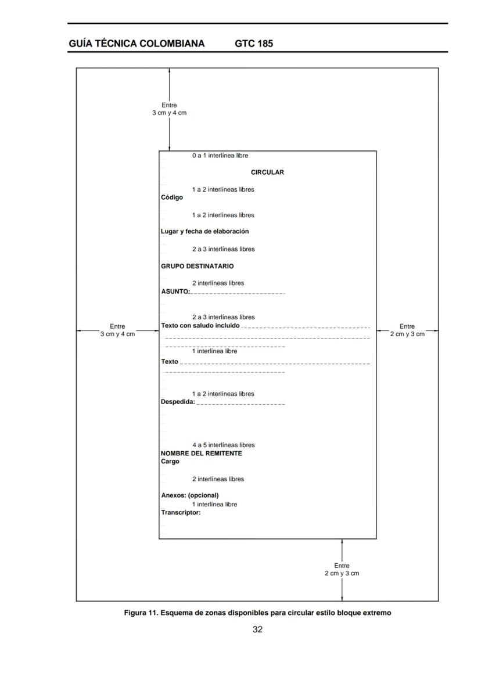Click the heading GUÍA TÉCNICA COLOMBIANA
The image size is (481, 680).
pos(137,44)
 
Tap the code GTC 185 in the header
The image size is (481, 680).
pos(254,44)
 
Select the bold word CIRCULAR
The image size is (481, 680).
pos(267,172)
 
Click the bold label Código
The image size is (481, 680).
pos(171,197)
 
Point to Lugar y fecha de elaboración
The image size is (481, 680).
pos(204,231)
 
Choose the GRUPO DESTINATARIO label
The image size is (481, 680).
pos(197,266)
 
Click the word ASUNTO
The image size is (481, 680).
pos(175,292)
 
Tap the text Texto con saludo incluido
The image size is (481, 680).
pos(200,325)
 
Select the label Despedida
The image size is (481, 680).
pos(178,401)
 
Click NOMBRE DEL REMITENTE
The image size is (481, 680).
pos(201,454)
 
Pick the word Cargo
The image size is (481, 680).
pos(170,462)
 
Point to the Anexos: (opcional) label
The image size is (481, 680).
pos(189,495)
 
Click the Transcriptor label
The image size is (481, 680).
pos(180,513)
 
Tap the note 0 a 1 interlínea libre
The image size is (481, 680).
pos(220,156)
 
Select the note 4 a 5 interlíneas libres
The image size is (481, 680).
pos(223,445)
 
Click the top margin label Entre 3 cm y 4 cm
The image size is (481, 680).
pos(169,109)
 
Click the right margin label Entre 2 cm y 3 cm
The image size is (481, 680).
pos(407,330)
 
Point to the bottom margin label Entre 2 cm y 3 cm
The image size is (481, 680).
pos(342,570)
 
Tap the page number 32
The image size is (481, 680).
pos(257,629)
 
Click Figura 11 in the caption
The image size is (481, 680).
pos(141,613)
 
